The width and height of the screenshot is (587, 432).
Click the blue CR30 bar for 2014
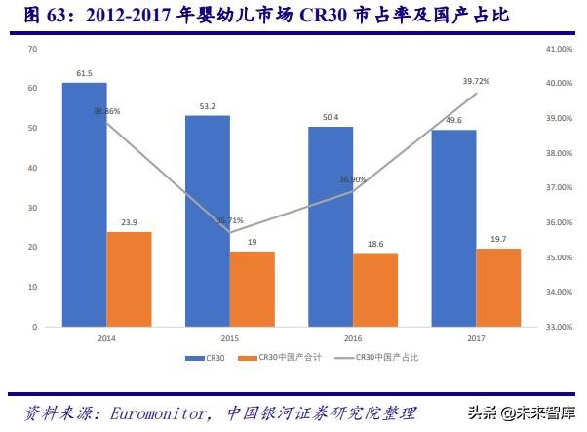85,205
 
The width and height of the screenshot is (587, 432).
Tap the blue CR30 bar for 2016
331,226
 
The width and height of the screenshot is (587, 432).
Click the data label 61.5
84,74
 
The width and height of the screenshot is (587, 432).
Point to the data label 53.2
208,106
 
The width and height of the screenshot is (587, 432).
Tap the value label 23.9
129,222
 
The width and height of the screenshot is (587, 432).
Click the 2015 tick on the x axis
229,338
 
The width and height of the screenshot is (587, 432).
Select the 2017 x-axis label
476,338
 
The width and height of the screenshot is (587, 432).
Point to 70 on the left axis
33,49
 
